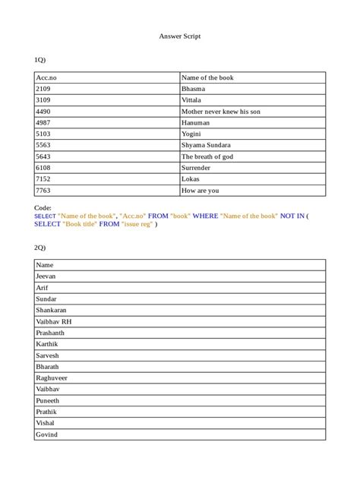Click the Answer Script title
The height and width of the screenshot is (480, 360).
point(180,36)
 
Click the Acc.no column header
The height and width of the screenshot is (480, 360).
point(47,77)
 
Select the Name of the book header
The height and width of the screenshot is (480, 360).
point(207,77)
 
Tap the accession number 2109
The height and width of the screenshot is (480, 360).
point(43,89)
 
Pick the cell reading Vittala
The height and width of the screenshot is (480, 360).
point(191,100)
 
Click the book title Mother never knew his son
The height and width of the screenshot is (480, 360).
point(221,112)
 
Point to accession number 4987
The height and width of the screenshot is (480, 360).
point(43,122)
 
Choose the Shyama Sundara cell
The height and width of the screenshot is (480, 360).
point(206,145)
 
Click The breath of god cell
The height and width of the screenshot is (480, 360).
point(207,156)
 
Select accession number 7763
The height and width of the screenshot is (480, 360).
point(43,191)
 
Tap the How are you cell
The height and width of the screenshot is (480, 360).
point(200,191)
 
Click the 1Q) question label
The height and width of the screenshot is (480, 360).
point(41,59)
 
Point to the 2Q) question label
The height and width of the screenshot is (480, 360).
point(41,248)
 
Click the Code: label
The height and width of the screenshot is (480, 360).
point(43,207)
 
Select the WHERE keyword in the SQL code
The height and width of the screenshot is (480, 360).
point(205,216)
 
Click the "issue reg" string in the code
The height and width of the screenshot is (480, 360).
point(137,225)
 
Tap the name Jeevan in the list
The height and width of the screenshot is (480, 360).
point(46,276)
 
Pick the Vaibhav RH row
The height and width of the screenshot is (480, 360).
point(54,321)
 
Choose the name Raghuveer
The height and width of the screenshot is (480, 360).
point(52,377)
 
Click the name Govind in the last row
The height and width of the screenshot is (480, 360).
point(46,434)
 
